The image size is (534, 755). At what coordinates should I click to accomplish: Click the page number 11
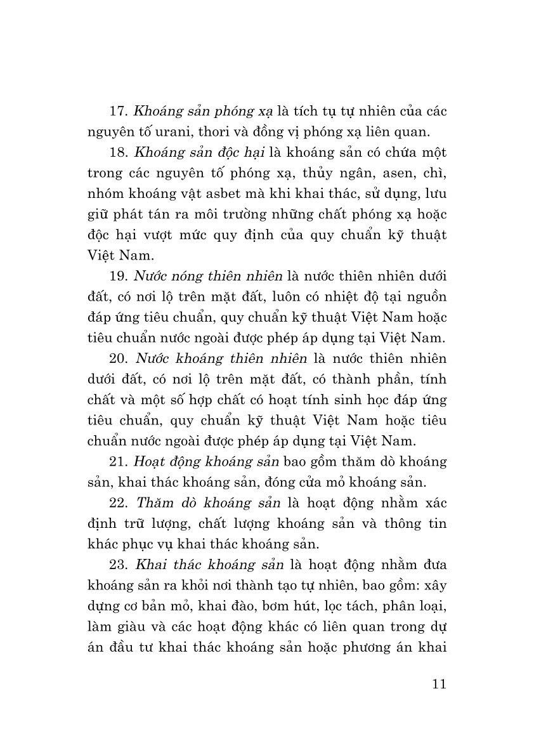[438, 684]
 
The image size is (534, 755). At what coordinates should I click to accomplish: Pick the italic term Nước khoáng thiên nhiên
[212, 358]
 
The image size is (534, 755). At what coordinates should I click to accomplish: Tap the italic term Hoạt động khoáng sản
[205, 461]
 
